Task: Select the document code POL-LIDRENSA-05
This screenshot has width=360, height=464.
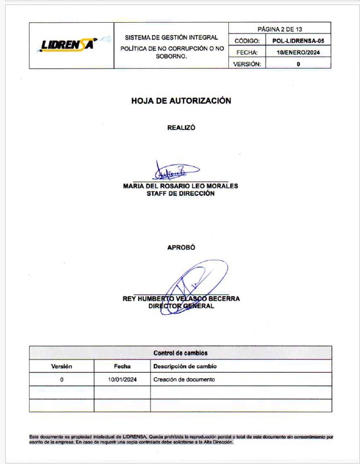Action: pyautogui.click(x=298, y=41)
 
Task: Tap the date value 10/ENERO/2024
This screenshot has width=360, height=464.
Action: pyautogui.click(x=298, y=52)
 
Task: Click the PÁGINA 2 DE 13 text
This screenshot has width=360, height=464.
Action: pyautogui.click(x=280, y=28)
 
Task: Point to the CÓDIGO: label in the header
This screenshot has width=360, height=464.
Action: pyautogui.click(x=247, y=41)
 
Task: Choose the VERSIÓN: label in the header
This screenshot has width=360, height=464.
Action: pyautogui.click(x=247, y=64)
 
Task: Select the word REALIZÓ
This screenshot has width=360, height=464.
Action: pyautogui.click(x=181, y=128)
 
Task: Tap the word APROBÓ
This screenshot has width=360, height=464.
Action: pyautogui.click(x=181, y=247)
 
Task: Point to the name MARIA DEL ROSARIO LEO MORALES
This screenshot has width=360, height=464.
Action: pyautogui.click(x=181, y=185)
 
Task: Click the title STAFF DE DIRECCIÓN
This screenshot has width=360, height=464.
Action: pyautogui.click(x=181, y=193)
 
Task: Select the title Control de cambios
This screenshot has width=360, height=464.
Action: pyautogui.click(x=181, y=353)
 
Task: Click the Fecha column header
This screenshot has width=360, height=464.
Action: pyautogui.click(x=122, y=366)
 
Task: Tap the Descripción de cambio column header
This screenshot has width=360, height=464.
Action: pyautogui.click(x=185, y=366)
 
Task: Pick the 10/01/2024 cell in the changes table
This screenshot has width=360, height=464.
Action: pyautogui.click(x=122, y=379)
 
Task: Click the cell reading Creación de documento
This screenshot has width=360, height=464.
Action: pyautogui.click(x=185, y=379)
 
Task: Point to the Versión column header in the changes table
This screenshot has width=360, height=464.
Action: pyautogui.click(x=61, y=366)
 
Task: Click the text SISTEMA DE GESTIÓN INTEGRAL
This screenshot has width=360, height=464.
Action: pyautogui.click(x=171, y=37)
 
